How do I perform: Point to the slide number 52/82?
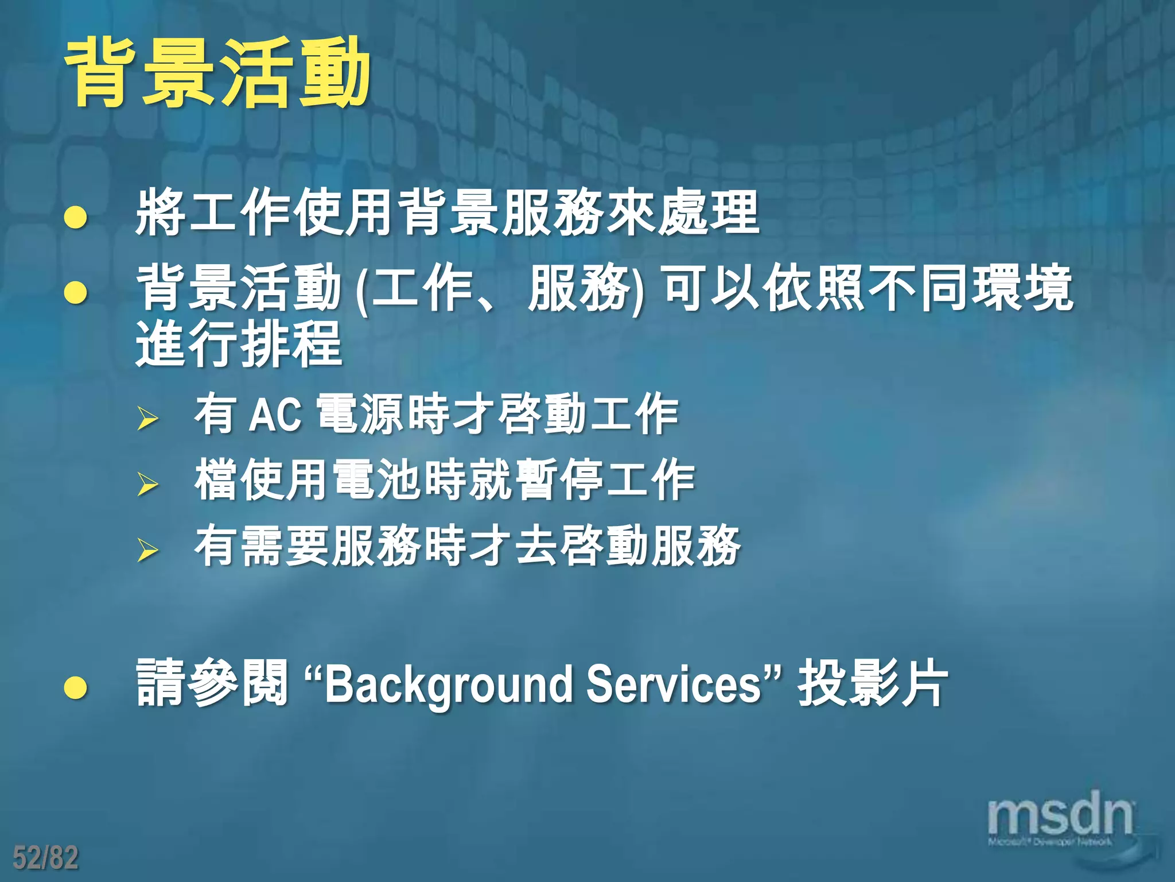(x=45, y=857)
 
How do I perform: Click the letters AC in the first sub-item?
(x=275, y=414)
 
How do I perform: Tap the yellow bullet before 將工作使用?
(x=76, y=218)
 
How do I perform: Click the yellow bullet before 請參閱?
(x=76, y=687)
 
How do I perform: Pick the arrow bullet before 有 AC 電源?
(x=147, y=418)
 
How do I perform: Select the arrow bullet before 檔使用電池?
(x=147, y=483)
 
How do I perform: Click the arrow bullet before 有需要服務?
(x=147, y=550)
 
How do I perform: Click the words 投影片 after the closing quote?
(x=872, y=683)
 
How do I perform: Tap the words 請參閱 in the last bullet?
(x=212, y=683)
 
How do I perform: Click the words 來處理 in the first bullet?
(x=683, y=212)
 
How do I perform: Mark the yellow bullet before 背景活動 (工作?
(x=76, y=292)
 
